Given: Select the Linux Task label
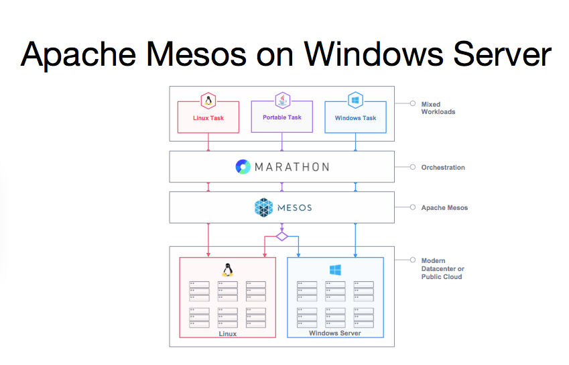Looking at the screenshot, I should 208,118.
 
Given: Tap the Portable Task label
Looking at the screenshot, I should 282,117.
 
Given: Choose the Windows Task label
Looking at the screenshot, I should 355,118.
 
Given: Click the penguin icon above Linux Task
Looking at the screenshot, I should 208,101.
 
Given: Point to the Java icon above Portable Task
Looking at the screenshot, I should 282,101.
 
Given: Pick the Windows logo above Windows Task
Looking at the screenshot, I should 355,101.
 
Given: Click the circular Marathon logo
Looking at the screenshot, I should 243,167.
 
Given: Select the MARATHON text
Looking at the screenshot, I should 292,167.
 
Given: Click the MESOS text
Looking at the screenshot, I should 295,207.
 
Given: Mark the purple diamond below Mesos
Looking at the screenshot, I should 282,236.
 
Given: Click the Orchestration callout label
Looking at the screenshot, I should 442,168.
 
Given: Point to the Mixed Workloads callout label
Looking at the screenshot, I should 438,108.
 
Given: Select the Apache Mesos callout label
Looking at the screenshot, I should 444,208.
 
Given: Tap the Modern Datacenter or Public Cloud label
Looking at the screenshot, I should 442,268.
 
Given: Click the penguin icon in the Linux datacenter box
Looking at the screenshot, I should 228,270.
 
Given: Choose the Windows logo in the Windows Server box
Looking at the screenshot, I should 335,270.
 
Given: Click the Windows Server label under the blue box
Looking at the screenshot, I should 334,333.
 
